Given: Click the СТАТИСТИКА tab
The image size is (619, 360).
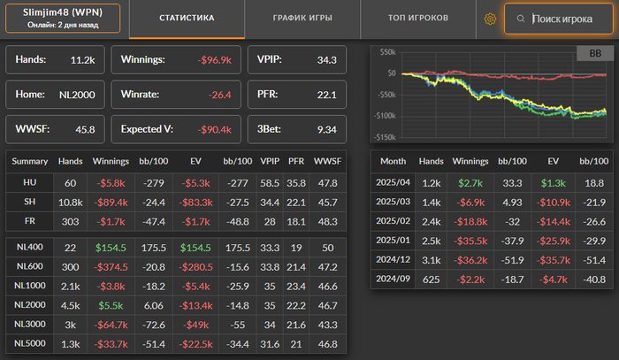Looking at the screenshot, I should pyautogui.click(x=187, y=18).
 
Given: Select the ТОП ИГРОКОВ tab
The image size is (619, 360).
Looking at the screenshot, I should pyautogui.click(x=418, y=18).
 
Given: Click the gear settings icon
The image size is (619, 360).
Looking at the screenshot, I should pyautogui.click(x=490, y=19).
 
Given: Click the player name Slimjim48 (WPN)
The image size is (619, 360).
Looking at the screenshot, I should pyautogui.click(x=62, y=11).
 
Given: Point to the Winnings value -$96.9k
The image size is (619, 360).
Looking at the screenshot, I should pyautogui.click(x=214, y=60).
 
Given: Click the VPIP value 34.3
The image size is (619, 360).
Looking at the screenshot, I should pyautogui.click(x=327, y=60).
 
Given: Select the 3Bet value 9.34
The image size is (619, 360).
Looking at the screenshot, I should pyautogui.click(x=326, y=128).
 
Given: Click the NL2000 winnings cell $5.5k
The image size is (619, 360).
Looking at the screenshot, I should pyautogui.click(x=111, y=305).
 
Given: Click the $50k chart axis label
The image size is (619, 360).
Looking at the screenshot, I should pyautogui.click(x=386, y=52).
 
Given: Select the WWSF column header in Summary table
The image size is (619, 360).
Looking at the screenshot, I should pyautogui.click(x=326, y=162).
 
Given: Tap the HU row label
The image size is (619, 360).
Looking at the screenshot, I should pyautogui.click(x=30, y=181).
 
